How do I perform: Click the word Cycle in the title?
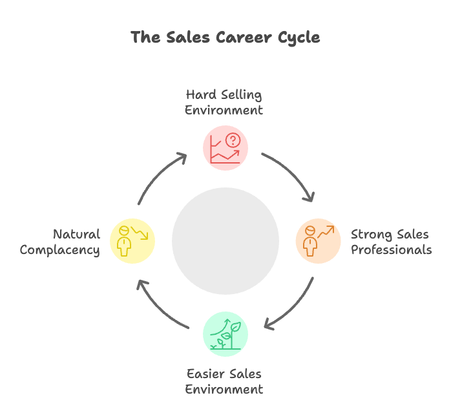(x=295, y=37)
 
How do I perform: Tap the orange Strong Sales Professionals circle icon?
(x=318, y=241)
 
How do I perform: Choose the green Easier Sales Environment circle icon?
(x=226, y=334)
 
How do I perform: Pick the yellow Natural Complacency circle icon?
(x=132, y=241)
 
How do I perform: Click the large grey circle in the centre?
(x=226, y=241)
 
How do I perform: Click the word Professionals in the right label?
(x=391, y=249)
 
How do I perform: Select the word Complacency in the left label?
(x=60, y=250)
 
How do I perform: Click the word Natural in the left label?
(x=76, y=234)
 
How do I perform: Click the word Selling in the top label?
(x=240, y=95)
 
